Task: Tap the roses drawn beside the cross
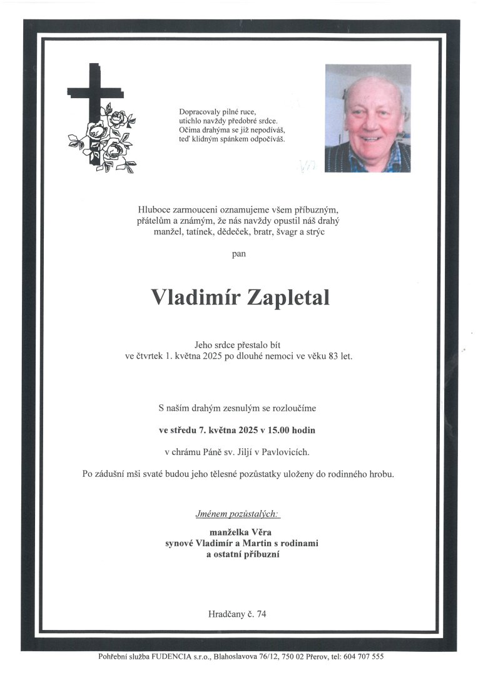coord(106,141)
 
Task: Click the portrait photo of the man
coord(367,118)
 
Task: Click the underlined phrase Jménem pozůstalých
coord(238,514)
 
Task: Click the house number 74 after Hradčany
coord(261,614)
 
